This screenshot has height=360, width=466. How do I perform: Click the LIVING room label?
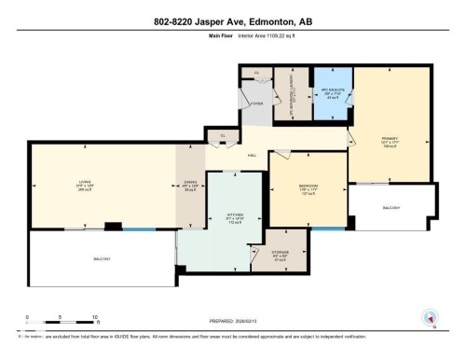[x=85, y=182]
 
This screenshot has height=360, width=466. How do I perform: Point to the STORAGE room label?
[x=281, y=252]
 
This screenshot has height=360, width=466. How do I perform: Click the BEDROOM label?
[x=308, y=186]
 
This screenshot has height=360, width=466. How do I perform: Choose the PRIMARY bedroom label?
[x=390, y=140]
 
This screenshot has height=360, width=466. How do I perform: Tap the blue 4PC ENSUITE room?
[x=333, y=94]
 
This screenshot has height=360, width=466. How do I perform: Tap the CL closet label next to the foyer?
[x=255, y=72]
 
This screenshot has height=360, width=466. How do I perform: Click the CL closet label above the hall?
[x=223, y=135]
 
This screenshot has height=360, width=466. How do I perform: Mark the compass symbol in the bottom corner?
[x=430, y=317]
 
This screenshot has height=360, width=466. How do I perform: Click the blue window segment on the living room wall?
[x=140, y=228]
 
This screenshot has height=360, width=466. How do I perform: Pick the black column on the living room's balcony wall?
[x=113, y=226]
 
